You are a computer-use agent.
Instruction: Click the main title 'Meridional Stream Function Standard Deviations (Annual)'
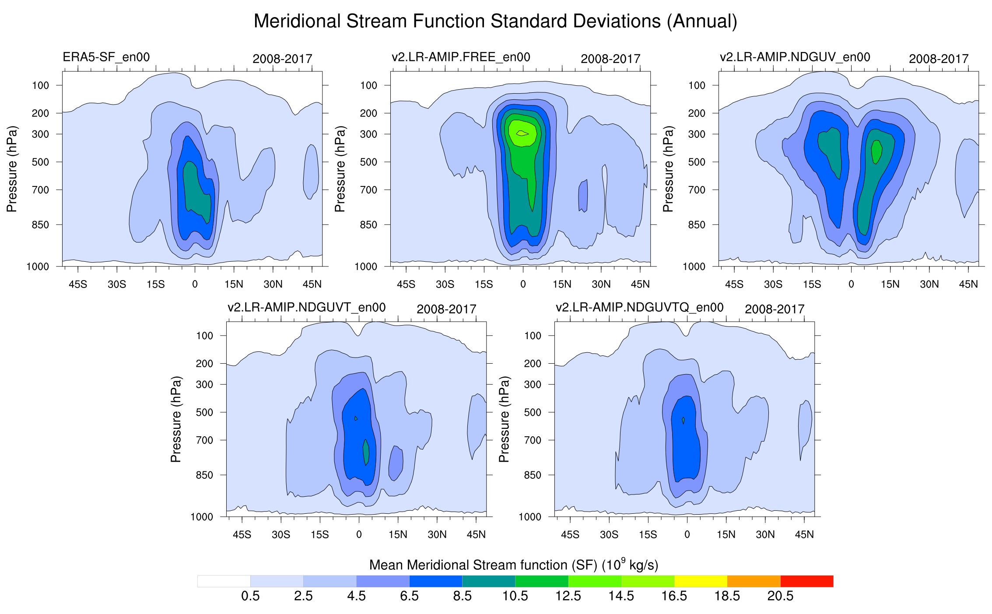[x=495, y=21]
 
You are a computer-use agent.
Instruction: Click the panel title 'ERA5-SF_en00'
[x=106, y=57]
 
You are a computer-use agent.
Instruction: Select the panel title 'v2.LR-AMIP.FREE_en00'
[x=461, y=57]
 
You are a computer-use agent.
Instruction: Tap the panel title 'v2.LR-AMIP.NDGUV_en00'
[x=795, y=57]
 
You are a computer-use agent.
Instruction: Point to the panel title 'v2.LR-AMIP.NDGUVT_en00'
[x=306, y=308]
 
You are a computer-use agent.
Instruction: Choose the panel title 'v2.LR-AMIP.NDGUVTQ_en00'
[x=639, y=308]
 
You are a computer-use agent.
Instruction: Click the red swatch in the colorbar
[x=806, y=581]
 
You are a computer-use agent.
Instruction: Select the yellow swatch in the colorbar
[x=701, y=581]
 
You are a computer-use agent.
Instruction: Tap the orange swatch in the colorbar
[x=754, y=581]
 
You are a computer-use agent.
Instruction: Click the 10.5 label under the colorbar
[x=515, y=596]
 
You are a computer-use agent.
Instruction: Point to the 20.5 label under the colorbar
[x=780, y=596]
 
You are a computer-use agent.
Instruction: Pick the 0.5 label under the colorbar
[x=250, y=596]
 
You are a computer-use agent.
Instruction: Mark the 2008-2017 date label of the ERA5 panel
[x=282, y=59]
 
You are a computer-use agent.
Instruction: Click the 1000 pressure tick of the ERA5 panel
[x=38, y=267]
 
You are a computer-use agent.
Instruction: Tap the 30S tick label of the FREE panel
[x=445, y=284]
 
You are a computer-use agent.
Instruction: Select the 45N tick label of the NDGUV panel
[x=968, y=284]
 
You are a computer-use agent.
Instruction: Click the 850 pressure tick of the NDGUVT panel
[x=204, y=475]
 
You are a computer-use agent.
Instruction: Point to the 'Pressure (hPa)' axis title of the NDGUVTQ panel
[x=504, y=419]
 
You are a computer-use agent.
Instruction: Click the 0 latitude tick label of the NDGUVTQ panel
[x=687, y=535]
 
